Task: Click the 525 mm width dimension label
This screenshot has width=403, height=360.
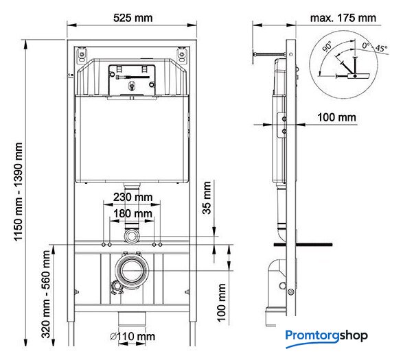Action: point(133,18)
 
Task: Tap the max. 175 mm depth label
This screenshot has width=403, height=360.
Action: point(343,18)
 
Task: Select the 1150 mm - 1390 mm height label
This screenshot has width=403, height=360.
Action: point(19,192)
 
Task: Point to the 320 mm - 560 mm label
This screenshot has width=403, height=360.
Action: point(46,294)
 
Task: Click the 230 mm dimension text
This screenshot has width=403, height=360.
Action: point(133,197)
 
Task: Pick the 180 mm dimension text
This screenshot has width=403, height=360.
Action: point(133,213)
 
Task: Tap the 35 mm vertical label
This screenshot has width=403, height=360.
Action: point(207,197)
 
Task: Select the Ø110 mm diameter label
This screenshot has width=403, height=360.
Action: point(133,337)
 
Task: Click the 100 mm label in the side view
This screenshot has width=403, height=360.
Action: point(336,117)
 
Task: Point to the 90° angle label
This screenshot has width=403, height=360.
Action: point(327,47)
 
